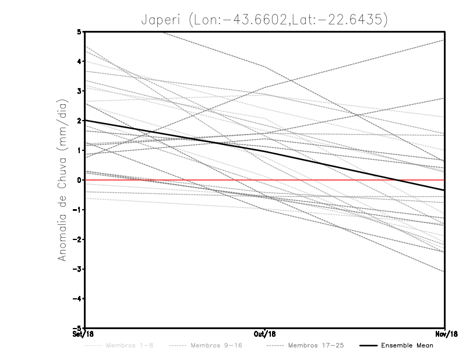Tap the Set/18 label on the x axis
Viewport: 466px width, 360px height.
click(x=82, y=334)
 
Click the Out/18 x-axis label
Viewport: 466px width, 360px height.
click(x=265, y=334)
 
